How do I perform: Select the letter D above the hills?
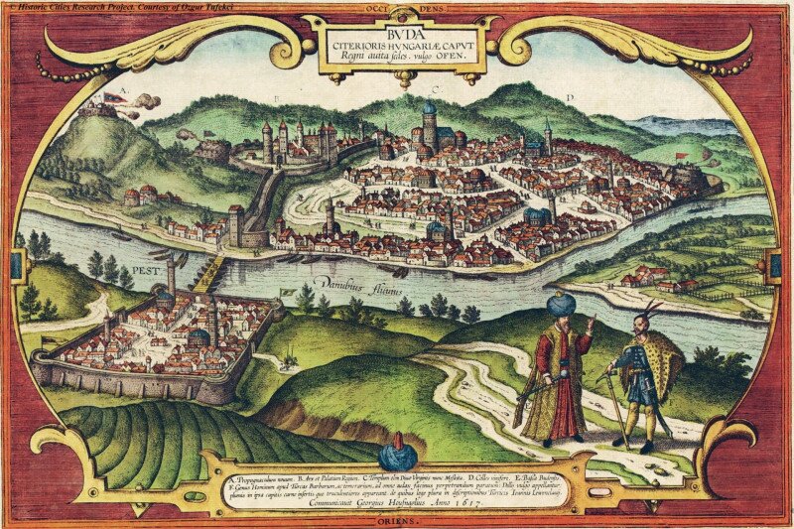(569, 97)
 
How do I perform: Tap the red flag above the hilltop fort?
(110, 97)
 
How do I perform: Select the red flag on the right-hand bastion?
(681, 156)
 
